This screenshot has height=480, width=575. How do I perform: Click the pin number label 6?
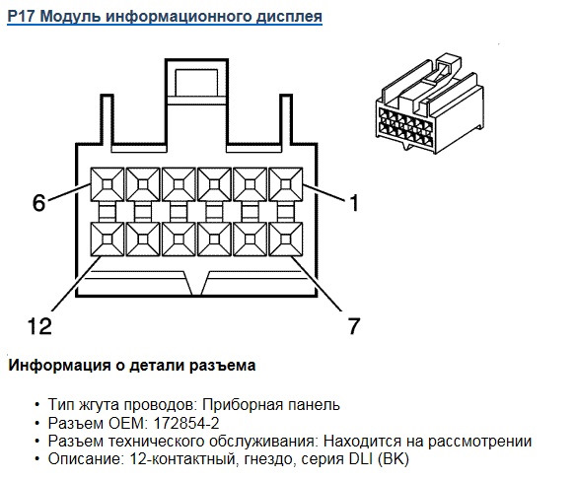point(38,203)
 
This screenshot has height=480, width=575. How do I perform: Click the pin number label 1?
point(354,203)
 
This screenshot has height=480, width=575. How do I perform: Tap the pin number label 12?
point(39,325)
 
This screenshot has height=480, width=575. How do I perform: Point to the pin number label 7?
point(354,325)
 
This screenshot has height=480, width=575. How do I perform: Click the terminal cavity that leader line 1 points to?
point(286,184)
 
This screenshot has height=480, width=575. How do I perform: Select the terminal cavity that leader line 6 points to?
point(108,184)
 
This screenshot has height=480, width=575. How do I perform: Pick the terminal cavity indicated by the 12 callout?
point(108,240)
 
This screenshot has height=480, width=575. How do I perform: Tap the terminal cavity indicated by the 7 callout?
point(286,240)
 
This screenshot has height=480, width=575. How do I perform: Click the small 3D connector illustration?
point(430,103)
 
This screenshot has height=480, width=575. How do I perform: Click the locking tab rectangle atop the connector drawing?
point(196,83)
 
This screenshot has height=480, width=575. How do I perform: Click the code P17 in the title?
point(22,16)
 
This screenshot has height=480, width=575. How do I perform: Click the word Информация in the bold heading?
point(59,366)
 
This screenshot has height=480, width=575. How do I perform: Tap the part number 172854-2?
point(186,423)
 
